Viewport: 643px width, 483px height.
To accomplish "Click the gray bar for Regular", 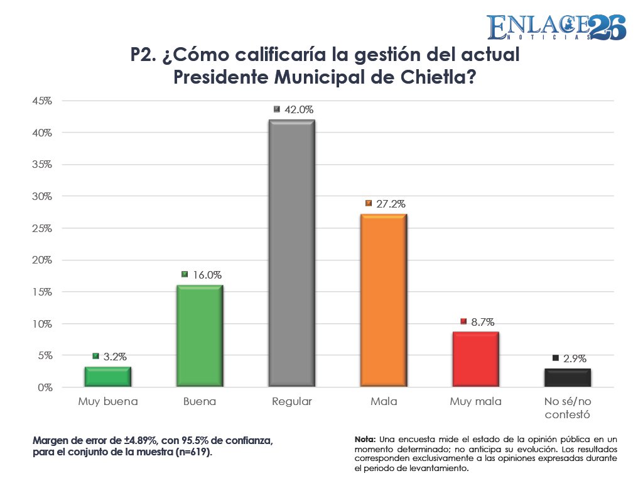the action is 291,253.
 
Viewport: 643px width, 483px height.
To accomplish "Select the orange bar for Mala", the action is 384,300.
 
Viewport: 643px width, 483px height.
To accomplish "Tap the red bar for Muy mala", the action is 476,359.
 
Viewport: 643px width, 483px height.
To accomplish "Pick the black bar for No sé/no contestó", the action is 568,377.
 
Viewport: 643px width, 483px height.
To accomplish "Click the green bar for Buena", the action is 200,336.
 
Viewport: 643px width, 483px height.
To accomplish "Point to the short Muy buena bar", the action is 108,377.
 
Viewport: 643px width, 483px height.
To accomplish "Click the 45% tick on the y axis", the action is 42,101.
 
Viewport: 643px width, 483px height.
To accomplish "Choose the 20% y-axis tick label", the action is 42,260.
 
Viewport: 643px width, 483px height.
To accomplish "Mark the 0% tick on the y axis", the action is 45,387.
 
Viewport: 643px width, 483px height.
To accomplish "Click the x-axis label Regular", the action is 292,401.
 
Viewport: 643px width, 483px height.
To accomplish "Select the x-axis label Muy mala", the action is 476,401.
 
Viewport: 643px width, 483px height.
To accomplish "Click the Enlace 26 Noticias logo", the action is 556,27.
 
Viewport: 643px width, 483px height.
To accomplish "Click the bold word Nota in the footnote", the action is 365,440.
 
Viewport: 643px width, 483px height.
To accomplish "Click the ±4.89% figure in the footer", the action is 141,441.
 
